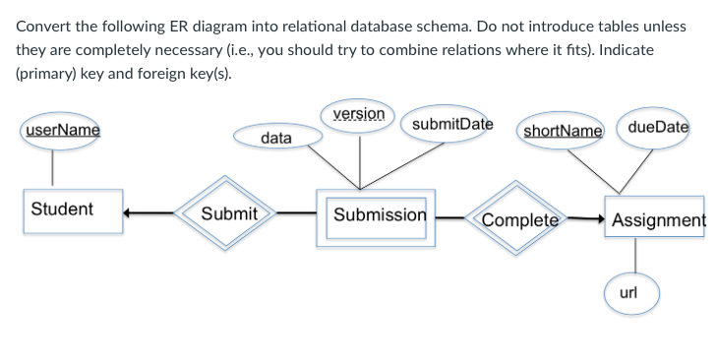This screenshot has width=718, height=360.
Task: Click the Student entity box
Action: coord(74,210)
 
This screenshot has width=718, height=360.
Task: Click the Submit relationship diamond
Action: coord(228,213)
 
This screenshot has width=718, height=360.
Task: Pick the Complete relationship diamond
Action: coord(520,217)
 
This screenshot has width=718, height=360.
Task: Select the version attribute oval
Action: coord(359,114)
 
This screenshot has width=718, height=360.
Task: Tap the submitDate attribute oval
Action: coord(451,125)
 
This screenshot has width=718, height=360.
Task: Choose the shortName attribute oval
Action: coord(563,130)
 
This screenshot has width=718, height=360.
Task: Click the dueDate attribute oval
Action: coord(658,126)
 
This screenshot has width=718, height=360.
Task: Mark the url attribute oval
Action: coord(630,292)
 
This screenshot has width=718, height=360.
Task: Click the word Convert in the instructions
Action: coord(45,24)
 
